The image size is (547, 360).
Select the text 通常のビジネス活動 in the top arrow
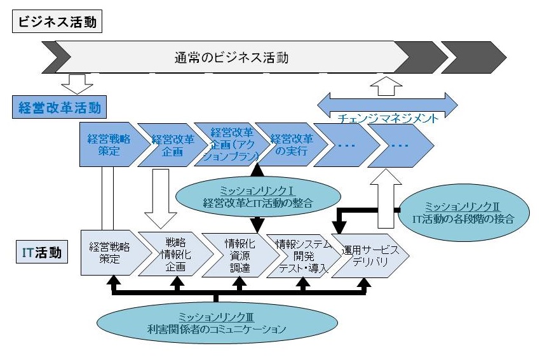(x=231, y=58)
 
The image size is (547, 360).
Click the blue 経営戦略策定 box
(x=104, y=145)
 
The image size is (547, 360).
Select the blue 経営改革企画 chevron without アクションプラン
(x=160, y=145)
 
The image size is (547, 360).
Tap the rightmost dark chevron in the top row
(x=473, y=57)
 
